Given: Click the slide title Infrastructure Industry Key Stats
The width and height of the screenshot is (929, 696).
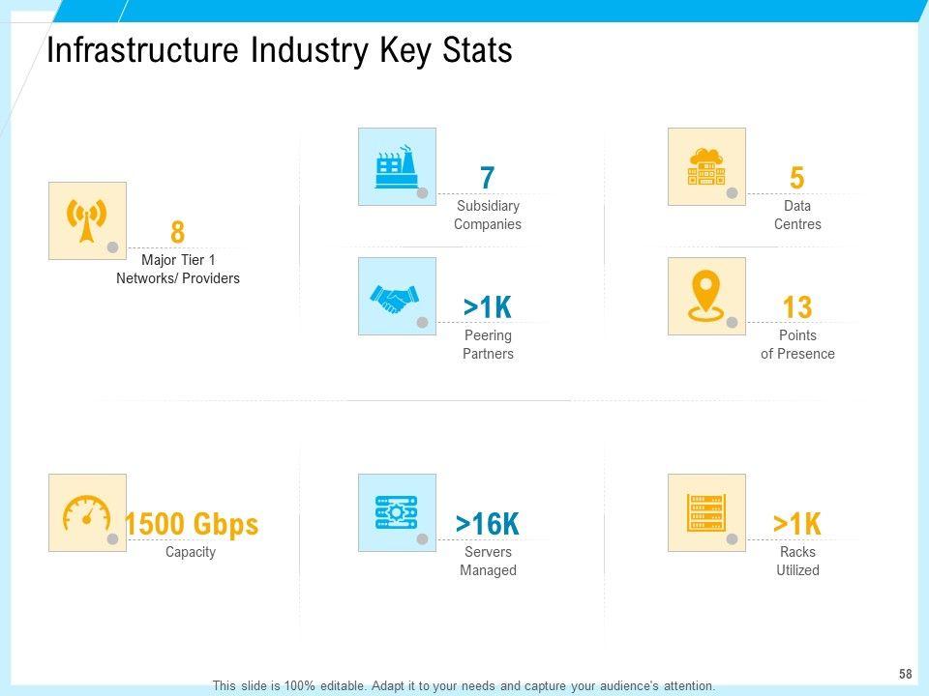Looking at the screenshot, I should point(280,51).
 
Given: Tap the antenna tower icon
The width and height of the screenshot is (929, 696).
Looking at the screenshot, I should point(87,220).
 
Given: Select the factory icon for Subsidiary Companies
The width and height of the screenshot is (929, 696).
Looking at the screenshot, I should point(397,166).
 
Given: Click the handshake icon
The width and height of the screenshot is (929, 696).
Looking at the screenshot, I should point(397,296).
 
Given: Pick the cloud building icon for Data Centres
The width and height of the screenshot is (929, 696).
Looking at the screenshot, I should point(706,166).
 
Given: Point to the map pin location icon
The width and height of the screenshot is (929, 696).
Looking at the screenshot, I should point(706,296).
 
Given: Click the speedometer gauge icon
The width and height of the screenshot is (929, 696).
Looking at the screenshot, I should point(87,512).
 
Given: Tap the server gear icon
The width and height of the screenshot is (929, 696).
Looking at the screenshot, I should point(397,512).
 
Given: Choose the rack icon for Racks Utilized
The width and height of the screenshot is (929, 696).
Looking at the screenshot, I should point(706,512).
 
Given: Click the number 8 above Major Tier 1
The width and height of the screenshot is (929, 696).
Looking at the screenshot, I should point(177,233).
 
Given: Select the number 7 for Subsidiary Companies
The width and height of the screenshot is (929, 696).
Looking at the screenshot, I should point(488,179).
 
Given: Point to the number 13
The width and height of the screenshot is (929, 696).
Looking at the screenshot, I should point(797,308).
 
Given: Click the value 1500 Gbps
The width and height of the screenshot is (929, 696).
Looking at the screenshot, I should point(192,524).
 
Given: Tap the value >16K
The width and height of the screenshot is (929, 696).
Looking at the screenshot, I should point(488,524).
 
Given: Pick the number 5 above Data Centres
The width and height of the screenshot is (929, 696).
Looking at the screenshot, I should point(797,179).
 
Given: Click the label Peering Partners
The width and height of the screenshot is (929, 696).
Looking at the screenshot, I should point(488,344).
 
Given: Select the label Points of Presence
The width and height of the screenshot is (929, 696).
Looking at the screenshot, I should point(797,344).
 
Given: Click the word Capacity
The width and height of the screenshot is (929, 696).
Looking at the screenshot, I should point(191,552).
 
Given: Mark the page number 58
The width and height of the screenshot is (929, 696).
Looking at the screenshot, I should point(906,673).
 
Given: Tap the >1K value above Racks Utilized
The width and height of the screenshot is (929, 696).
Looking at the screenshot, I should point(797,524).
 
